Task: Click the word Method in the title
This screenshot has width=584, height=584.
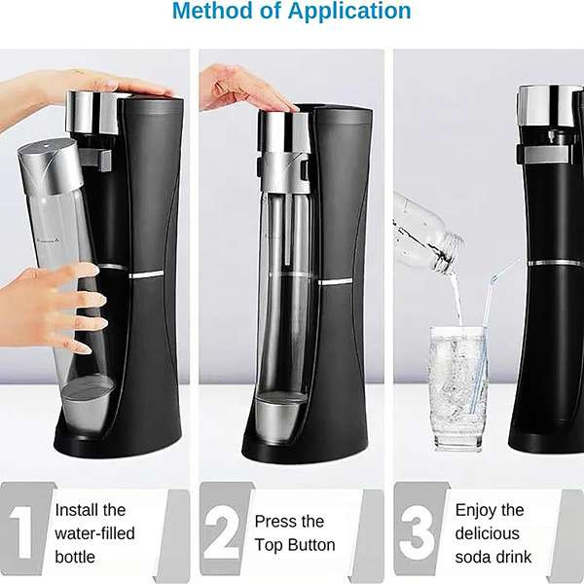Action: [x=212, y=10]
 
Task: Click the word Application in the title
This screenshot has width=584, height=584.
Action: [x=349, y=11]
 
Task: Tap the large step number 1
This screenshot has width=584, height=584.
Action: [x=22, y=532]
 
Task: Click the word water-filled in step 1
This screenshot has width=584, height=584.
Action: [x=95, y=533]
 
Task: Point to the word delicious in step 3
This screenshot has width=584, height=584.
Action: [x=488, y=533]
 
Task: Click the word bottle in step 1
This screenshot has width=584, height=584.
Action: [x=75, y=557]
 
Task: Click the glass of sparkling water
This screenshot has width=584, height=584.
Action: [x=457, y=388]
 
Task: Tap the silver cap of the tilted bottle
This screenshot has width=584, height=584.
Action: [x=52, y=166]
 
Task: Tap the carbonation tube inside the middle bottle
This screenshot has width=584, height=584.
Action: [x=287, y=230]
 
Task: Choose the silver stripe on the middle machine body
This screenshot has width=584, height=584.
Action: [x=335, y=282]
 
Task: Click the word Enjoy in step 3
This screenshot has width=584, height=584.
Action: [x=472, y=511]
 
